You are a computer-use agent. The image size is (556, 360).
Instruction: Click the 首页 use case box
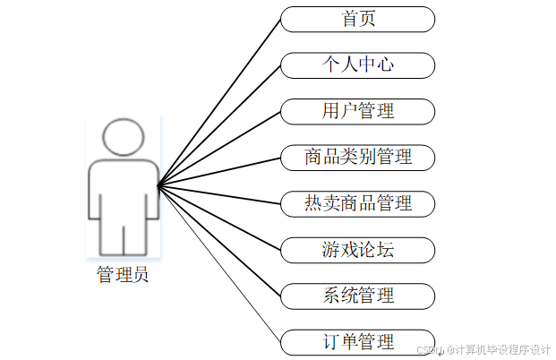(357, 19)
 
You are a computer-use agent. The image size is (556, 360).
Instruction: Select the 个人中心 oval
(357, 65)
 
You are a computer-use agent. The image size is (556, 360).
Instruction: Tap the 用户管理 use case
(357, 111)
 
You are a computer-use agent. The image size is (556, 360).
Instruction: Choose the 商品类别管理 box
(357, 158)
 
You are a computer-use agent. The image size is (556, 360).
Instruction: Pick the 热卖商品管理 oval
(357, 203)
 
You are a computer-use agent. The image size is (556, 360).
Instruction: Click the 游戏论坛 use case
(357, 249)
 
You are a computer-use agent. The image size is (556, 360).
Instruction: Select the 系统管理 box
(357, 295)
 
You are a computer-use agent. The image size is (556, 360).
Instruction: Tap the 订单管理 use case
(357, 341)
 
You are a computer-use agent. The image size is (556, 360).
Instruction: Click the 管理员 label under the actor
(123, 274)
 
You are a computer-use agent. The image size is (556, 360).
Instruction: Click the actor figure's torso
(123, 188)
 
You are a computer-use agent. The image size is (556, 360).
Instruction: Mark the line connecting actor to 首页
(219, 102)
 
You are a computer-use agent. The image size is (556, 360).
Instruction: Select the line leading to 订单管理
(219, 264)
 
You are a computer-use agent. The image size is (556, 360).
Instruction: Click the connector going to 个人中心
(219, 125)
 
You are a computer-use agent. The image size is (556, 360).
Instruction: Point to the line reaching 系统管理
(219, 241)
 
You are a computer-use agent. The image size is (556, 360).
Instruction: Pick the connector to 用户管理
(219, 149)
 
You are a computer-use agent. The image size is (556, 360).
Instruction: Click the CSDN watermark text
(483, 348)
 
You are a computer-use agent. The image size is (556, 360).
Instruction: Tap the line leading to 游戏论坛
(219, 218)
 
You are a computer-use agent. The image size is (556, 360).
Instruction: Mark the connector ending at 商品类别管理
(219, 172)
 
